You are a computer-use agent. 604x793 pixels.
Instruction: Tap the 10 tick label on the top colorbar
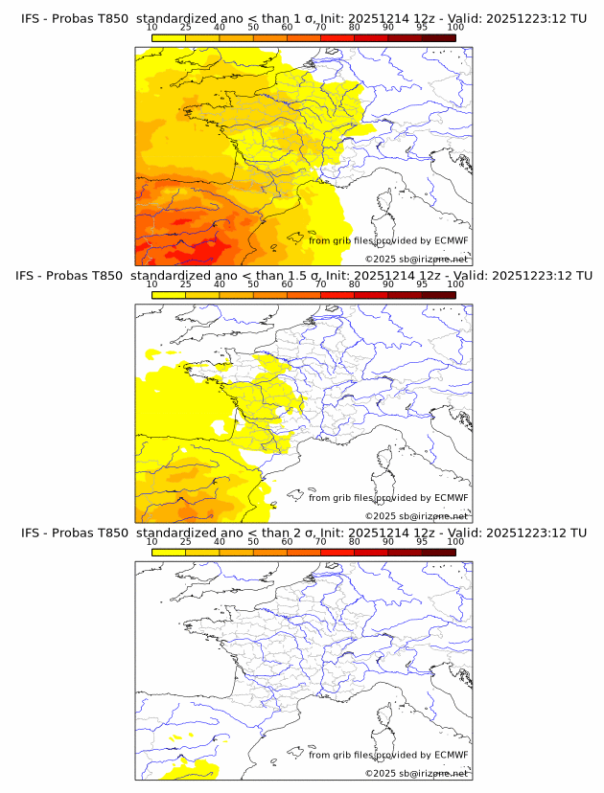click(151, 27)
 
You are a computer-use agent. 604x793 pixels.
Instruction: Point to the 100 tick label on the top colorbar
click(455, 27)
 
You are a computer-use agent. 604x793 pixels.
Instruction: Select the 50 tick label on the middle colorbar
click(253, 283)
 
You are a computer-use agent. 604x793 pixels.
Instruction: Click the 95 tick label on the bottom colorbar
click(422, 541)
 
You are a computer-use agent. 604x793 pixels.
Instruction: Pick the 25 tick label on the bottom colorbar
click(185, 541)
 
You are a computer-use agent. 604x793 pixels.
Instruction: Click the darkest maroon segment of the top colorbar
click(438, 37)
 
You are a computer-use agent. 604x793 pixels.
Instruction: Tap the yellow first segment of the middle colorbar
click(168, 295)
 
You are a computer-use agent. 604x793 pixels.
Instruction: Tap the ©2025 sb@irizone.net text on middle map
click(416, 516)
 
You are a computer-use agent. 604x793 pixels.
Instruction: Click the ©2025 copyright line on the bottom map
click(416, 773)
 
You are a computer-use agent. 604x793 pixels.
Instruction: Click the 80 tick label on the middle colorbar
click(355, 283)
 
